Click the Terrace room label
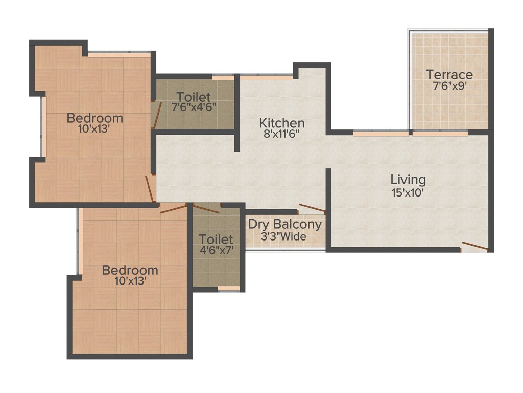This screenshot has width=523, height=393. tap(449, 75)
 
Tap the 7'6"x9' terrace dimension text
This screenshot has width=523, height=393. tap(449, 86)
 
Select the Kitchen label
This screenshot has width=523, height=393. tap(282, 123)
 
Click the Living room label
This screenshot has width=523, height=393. tap(408, 180)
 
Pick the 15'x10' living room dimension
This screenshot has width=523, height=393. tap(408, 192)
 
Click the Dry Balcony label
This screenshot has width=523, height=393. tap(285, 224)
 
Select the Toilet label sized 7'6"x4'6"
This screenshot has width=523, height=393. tap(194, 97)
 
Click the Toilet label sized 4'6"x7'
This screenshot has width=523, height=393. tap(216, 239)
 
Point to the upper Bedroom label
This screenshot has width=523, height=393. tap(95, 118)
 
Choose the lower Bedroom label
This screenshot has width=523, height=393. tap(130, 270)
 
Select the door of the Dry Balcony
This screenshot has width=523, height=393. tap(312, 208)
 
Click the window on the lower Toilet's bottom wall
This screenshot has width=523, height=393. tap(228, 289)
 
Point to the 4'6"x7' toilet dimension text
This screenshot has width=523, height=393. tap(216, 251)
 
